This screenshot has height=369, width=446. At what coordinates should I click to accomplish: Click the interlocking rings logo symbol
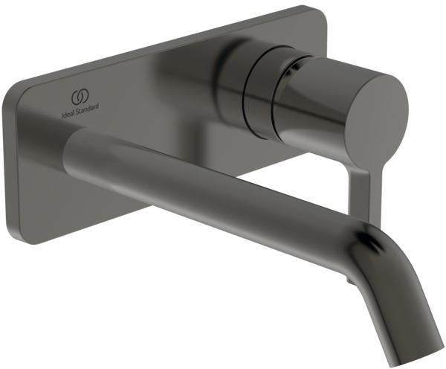[81, 97]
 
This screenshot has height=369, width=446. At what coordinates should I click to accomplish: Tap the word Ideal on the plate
[68, 112]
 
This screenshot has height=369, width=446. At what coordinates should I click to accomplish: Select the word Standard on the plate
[87, 109]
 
